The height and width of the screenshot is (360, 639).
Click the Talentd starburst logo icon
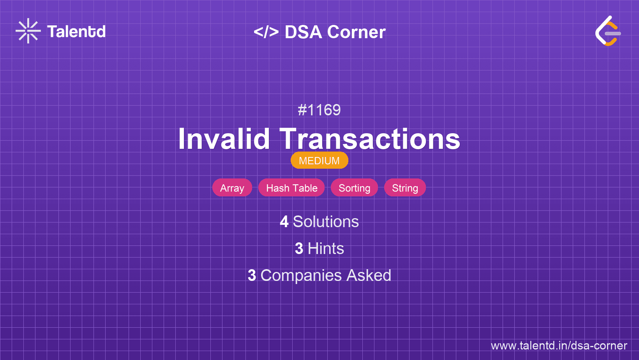[x=28, y=31]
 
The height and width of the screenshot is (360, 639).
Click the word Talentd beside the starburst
[x=76, y=32]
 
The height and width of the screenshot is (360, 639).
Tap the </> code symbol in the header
[x=266, y=32]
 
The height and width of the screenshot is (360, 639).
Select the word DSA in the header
[x=304, y=32]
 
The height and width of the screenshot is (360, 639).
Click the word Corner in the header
[x=356, y=32]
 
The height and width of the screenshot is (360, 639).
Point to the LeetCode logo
[x=608, y=31]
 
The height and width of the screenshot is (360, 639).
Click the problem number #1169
[x=319, y=110]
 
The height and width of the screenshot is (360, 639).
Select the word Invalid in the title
[x=224, y=139]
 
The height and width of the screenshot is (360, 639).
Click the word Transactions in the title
[x=370, y=139]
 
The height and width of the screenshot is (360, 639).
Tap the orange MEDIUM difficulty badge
[x=319, y=161]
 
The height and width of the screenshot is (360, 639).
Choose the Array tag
[x=232, y=188]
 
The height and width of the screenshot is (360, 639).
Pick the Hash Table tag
[x=291, y=188]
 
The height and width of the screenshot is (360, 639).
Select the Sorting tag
[x=354, y=188]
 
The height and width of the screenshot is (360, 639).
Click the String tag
[x=405, y=188]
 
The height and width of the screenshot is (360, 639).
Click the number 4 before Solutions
[x=284, y=222]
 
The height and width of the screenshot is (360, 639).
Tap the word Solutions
[x=326, y=222]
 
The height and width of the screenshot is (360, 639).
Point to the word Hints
[x=326, y=249]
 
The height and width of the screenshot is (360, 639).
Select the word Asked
[x=369, y=275]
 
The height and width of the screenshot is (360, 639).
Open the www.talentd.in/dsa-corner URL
[x=559, y=346]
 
